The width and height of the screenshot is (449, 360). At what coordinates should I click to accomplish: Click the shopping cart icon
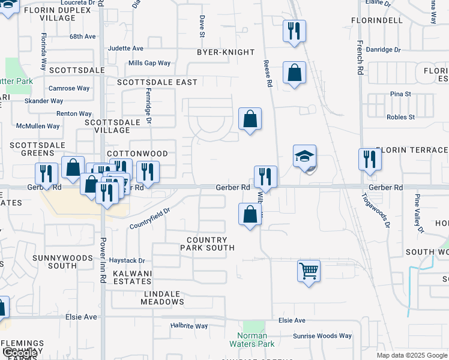(309, 271)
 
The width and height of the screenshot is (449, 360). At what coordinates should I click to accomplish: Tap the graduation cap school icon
(305, 157)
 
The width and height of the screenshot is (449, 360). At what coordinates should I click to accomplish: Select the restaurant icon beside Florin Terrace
(370, 160)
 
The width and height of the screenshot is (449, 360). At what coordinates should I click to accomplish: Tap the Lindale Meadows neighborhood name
(163, 298)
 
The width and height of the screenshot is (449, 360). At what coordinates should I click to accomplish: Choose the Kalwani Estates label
(133, 277)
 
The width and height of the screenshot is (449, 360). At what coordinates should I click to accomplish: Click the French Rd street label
(360, 58)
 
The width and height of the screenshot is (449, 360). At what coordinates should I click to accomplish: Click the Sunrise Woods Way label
(322, 336)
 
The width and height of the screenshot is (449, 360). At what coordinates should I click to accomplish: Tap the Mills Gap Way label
(149, 63)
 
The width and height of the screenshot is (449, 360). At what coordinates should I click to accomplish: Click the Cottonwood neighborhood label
(137, 154)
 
